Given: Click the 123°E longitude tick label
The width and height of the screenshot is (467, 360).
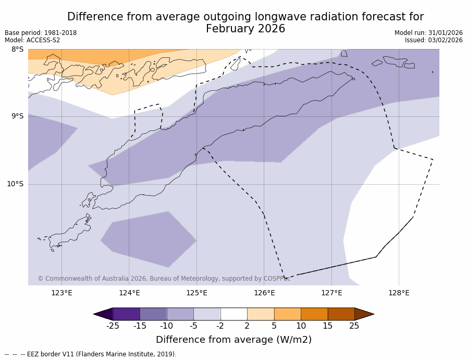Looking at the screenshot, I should click(x=62, y=293).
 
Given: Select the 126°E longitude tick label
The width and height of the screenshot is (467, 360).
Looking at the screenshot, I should click(x=264, y=293).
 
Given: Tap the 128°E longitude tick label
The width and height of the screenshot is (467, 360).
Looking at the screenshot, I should click(x=399, y=293).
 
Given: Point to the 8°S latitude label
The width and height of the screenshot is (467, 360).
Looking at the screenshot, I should click(x=17, y=50).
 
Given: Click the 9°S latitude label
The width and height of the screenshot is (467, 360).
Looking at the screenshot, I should click(x=17, y=116).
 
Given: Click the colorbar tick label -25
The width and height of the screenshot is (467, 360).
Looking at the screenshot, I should click(x=113, y=326).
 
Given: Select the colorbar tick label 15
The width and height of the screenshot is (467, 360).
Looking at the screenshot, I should click(x=327, y=326).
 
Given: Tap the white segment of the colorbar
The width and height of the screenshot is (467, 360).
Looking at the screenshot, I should click(x=233, y=314).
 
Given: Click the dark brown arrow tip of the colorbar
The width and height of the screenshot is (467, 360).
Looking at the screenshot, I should click(x=364, y=314).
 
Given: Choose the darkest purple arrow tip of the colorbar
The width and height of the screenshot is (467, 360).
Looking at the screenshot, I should click(x=103, y=314).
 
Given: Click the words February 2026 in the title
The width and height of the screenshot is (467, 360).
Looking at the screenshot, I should click(x=245, y=29).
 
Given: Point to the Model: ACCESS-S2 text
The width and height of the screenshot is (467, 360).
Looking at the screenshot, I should click(x=32, y=40).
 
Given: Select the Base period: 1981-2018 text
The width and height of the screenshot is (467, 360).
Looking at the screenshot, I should click(x=41, y=33).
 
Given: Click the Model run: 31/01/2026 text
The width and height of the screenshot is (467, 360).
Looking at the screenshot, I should click(x=428, y=33).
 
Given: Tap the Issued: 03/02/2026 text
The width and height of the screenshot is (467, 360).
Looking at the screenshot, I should click(x=434, y=40).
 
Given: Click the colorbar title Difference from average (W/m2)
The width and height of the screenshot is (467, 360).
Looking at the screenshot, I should click(x=233, y=340).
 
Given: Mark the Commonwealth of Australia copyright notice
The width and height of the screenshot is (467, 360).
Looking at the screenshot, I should click(x=164, y=279).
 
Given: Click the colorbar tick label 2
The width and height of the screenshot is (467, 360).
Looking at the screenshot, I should click(x=247, y=326).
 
